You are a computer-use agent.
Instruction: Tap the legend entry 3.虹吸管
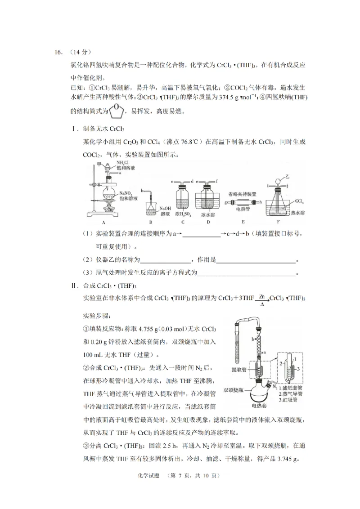click(290, 399)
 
